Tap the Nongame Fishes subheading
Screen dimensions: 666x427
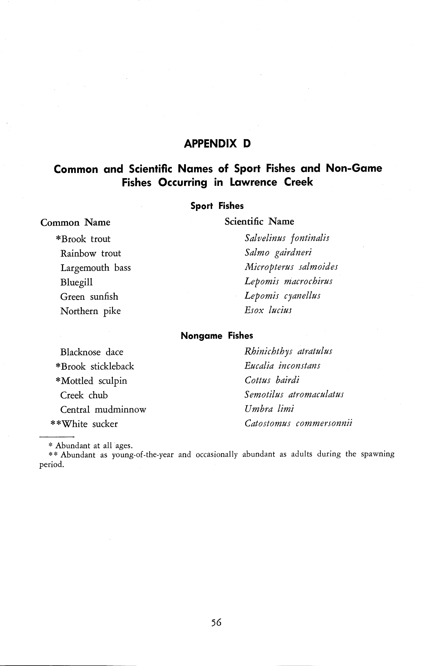(217, 336)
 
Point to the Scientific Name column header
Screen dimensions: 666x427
(259, 221)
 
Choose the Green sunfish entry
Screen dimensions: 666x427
(89, 297)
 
